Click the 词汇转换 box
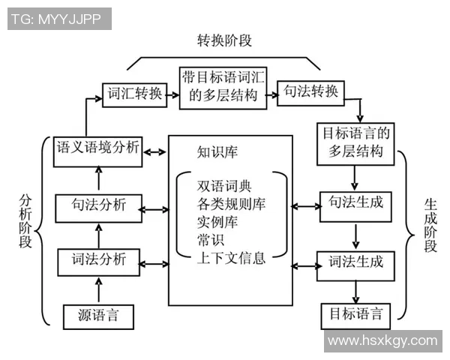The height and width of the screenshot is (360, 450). (133, 94)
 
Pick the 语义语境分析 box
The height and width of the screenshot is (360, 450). (97, 148)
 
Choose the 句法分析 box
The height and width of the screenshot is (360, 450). (98, 205)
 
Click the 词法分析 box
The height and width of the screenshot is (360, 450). (98, 261)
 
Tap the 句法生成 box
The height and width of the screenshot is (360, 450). (355, 203)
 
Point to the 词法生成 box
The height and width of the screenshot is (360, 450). (355, 262)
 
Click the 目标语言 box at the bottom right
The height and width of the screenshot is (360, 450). (355, 313)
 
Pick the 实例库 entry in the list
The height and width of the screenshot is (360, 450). (216, 223)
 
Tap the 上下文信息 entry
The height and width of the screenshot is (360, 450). (231, 259)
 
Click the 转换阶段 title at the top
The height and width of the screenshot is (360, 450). (224, 40)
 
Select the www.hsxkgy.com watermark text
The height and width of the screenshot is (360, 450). (382, 340)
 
